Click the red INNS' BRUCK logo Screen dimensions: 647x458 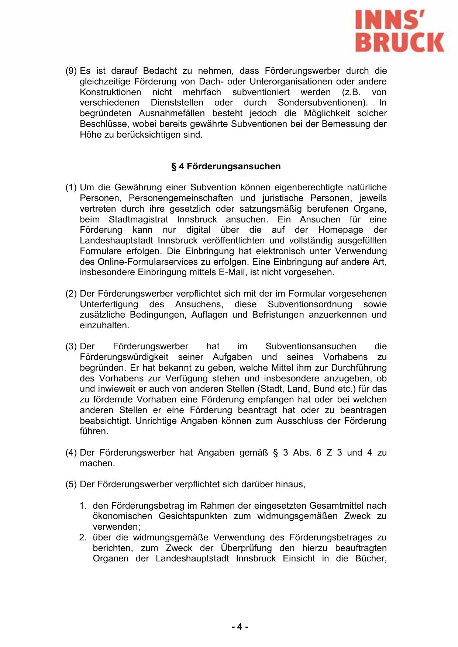tap(400, 32)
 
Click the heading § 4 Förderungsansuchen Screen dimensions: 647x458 tap(226, 166)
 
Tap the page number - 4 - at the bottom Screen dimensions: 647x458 tap(240, 627)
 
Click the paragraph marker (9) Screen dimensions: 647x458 tap(71, 71)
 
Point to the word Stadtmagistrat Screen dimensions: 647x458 tap(138, 219)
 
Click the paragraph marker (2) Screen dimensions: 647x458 tap(71, 294)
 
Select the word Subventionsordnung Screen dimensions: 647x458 tap(310, 304)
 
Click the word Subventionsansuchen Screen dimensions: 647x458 tap(311, 347)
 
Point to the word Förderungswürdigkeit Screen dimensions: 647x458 tap(124, 357)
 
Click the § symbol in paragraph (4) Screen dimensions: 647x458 tap(275, 453)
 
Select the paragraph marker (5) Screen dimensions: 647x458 tap(71, 485)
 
